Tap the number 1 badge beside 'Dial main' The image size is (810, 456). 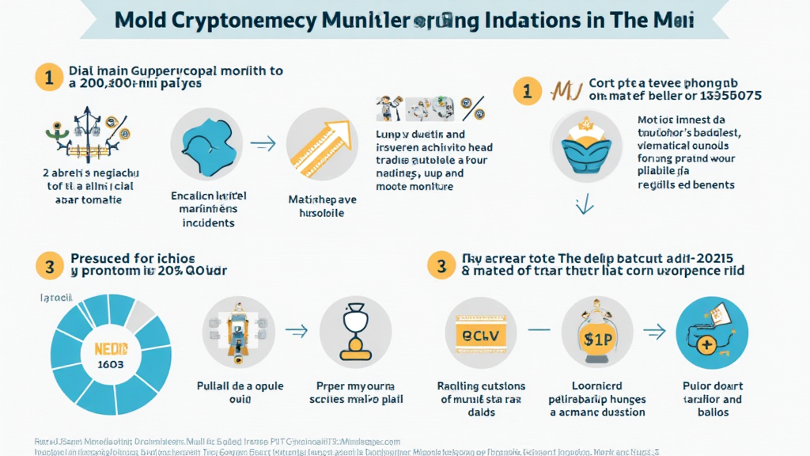pyautogui.click(x=47, y=78)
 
